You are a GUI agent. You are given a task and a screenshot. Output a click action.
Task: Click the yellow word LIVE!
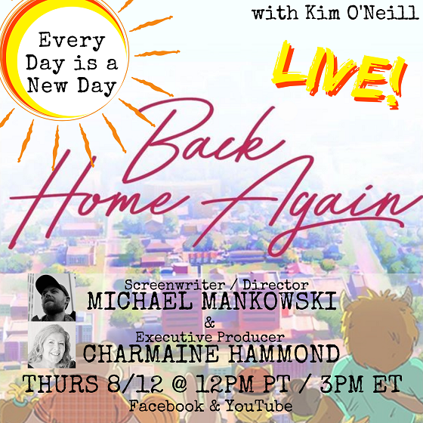338,73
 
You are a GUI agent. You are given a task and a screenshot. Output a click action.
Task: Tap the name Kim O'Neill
362,13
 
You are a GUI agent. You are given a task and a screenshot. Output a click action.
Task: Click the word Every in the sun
72,42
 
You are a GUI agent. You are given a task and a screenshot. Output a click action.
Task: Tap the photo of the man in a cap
52,297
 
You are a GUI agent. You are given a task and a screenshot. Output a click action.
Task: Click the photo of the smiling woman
52,344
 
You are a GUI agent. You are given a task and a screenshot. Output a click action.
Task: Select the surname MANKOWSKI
269,301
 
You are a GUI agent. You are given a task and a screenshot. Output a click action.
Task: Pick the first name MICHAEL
140,301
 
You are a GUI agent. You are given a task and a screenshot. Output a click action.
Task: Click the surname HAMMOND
284,354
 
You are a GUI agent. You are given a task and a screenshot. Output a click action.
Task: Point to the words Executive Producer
210,337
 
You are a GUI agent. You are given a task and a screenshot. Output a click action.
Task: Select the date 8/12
135,384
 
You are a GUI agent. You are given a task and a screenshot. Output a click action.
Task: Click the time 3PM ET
361,384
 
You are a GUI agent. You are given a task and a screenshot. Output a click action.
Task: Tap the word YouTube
259,406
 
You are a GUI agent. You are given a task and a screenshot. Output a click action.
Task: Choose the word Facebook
166,406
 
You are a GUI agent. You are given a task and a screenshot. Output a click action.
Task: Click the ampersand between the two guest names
210,323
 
